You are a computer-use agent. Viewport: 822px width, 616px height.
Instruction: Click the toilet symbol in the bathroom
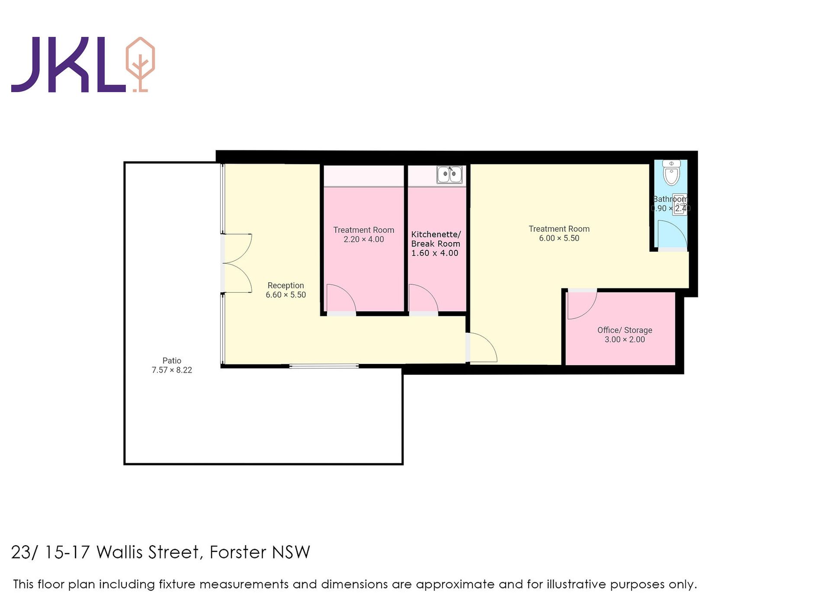point(671,173)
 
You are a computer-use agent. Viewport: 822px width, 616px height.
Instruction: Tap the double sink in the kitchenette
point(450,175)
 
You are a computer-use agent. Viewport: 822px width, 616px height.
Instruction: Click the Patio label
point(172,361)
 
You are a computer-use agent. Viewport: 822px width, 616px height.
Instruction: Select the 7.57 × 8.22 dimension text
point(172,370)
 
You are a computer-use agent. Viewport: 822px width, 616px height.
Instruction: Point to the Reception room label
point(286,285)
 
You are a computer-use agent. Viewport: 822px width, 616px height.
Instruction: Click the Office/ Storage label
point(625,330)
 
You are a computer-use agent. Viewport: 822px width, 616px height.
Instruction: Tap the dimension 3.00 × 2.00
point(625,339)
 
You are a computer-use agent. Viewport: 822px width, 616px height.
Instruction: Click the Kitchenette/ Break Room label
point(436,239)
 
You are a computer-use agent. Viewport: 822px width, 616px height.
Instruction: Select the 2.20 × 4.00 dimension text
point(363,239)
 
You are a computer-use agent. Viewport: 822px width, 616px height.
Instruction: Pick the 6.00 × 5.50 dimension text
point(559,238)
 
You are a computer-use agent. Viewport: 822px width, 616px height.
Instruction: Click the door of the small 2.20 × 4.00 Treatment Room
point(340,299)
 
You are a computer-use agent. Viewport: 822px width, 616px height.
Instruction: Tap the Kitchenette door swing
point(422,299)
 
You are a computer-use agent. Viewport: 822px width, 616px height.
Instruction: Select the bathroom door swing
point(671,235)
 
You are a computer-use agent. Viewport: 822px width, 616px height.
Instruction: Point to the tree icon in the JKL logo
point(140,64)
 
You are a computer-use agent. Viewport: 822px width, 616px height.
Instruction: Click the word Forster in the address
point(238,552)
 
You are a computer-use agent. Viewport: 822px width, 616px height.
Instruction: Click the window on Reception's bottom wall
point(324,366)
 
